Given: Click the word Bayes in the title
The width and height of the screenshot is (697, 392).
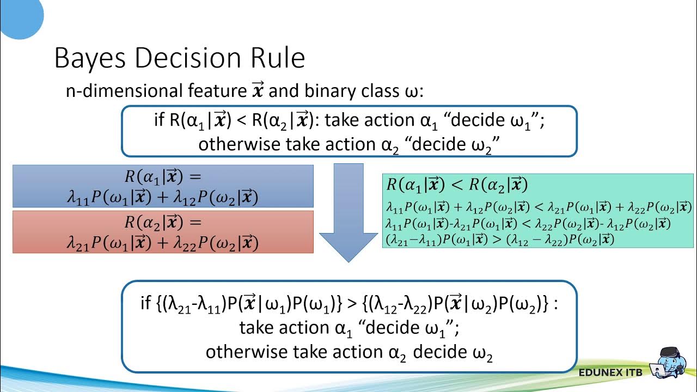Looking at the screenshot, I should pos(90,59).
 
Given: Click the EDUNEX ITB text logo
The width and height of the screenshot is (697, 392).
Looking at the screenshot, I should pos(610,372).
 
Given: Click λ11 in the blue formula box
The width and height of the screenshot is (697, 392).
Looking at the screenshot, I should pos(77,198).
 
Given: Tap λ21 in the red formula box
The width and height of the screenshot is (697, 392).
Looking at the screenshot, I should pos(77,243).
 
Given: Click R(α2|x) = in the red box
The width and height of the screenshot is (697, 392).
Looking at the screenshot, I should pos(163,222).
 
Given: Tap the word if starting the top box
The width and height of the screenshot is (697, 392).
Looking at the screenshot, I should pos(159,120).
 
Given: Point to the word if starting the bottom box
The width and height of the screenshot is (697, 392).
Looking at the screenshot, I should pos(145,303).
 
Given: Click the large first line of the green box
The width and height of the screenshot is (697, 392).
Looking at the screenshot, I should pos(457,185).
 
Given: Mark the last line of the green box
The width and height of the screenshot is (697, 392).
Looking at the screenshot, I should pos(499,239).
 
